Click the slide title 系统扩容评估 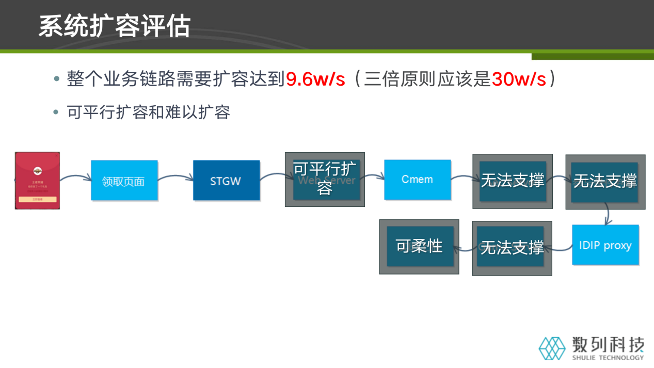pos(114,26)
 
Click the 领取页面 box pos(124,181)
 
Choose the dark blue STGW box pos(226,181)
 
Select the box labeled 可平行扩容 pos(325,179)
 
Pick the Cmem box pos(417,180)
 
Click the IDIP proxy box pos(605,245)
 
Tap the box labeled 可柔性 pos(419,246)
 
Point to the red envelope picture pos(37,180)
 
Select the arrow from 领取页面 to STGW pos(175,178)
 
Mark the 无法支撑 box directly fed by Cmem pos(513,181)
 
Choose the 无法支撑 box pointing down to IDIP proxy pos(605,182)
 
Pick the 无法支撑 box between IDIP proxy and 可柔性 pos(512,248)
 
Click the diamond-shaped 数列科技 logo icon pos(552,348)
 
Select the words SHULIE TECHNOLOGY pos(608,358)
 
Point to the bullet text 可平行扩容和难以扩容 pos(148,112)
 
